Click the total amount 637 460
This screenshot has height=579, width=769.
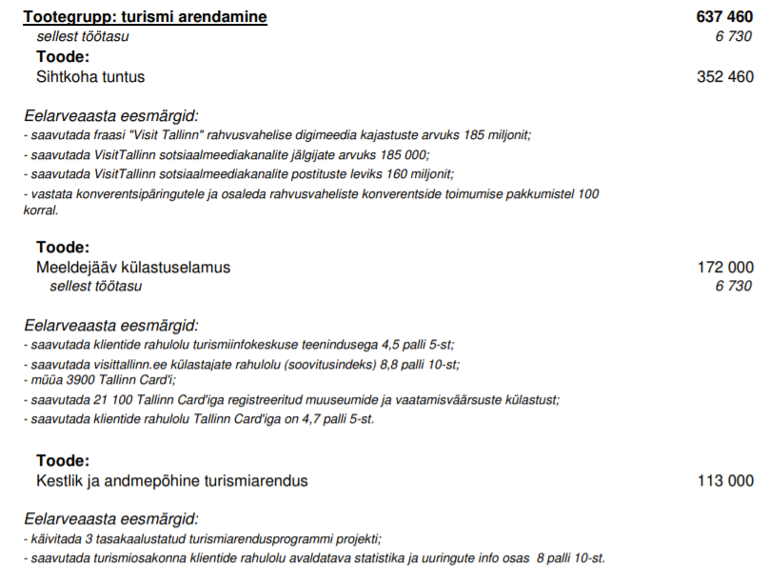pos(725,17)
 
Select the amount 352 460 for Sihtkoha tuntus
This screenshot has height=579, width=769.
pos(725,77)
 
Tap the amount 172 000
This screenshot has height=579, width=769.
pos(725,268)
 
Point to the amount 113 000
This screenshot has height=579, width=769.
pos(725,481)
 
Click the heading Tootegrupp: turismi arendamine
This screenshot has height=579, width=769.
pos(145,17)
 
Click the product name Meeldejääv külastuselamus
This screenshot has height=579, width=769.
pos(133,268)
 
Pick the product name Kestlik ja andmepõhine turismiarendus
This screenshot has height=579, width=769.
pos(172,481)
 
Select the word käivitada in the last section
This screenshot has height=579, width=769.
pos(54,538)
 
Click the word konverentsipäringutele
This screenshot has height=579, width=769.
pos(132,193)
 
